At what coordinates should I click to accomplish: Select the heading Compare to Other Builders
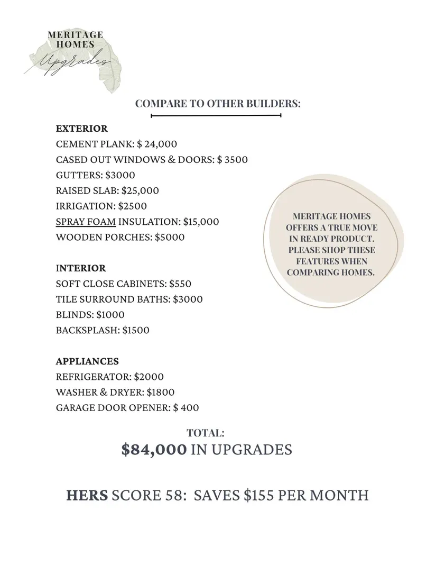point(218,103)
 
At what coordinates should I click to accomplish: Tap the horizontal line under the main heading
point(216,115)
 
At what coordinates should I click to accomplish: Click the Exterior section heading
point(81,129)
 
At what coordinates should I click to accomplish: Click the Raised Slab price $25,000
point(140,190)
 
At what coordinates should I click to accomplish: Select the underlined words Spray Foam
point(86,222)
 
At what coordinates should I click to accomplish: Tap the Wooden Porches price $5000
point(170,237)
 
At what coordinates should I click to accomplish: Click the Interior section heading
point(81,268)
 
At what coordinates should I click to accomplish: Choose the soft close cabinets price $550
point(180,284)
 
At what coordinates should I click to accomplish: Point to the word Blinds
point(74,315)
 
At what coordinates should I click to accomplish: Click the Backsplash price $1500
point(136,330)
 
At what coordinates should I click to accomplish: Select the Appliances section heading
point(87,361)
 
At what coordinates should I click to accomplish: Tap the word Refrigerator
point(94,377)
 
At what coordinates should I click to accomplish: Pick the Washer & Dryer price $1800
point(161,393)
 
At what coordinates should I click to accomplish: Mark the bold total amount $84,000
point(154,450)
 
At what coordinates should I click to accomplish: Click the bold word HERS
point(87,495)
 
